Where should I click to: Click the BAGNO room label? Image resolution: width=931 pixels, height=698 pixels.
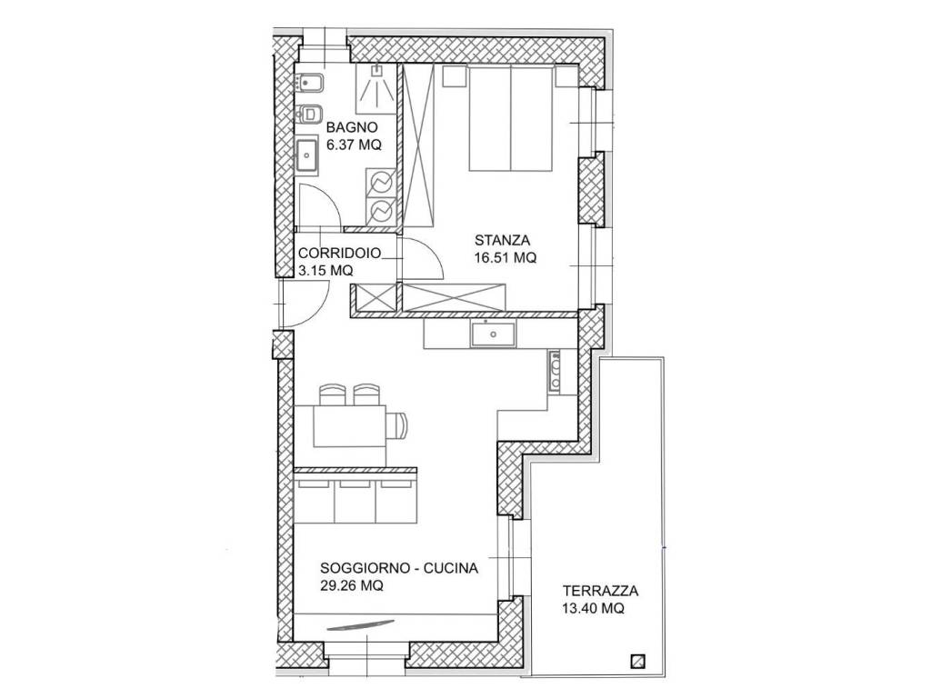pos(352,127)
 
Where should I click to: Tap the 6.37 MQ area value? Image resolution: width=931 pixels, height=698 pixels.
pos(354,145)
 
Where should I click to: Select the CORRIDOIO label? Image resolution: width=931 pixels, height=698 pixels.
pos(340,254)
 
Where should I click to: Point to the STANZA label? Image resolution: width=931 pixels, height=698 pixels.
pos(502,240)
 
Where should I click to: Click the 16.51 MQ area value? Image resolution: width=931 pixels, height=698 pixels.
pos(506,257)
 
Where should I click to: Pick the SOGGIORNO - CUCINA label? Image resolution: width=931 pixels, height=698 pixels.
pos(399,568)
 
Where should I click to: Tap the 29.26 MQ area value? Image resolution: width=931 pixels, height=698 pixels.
pos(352,585)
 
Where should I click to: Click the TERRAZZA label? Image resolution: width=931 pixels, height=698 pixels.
pos(601,591)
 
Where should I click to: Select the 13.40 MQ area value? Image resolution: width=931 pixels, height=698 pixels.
pos(594,608)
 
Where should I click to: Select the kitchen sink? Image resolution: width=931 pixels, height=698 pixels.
pos(493,334)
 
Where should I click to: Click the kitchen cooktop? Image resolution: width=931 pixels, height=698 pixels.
pos(555,371)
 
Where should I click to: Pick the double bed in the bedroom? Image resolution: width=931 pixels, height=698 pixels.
pos(511,119)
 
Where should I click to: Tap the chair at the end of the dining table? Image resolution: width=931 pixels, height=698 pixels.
pos(398,426)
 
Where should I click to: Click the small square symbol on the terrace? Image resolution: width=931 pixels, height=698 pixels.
pos(638,661)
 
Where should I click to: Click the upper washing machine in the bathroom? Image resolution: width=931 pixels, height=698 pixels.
pos(381,182)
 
